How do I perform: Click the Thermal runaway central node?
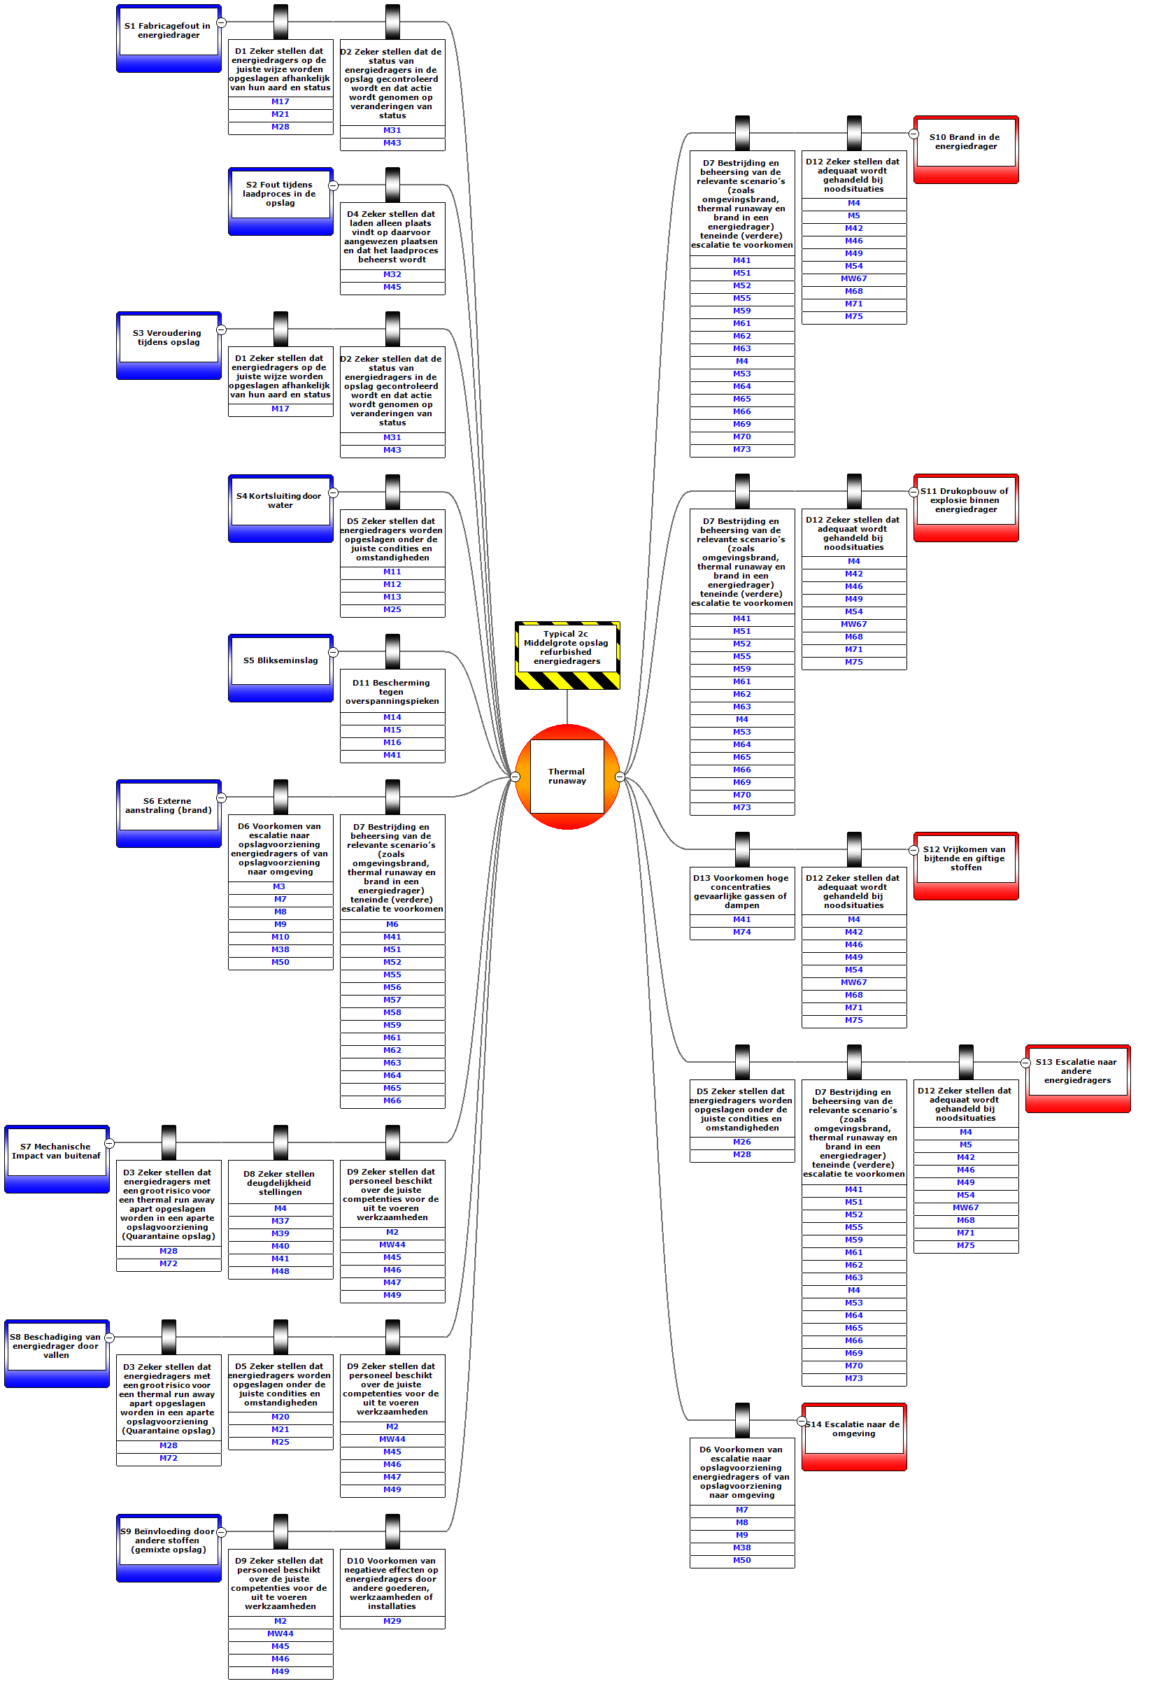pos(567,777)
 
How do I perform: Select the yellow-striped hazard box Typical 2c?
pos(567,655)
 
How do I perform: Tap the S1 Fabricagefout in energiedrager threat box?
pos(169,38)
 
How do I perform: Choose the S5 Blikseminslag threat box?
pos(280,668)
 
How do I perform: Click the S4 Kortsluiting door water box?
pos(280,509)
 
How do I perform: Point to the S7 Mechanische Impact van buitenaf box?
pos(57,1159)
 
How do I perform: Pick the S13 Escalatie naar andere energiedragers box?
pos(1078,1079)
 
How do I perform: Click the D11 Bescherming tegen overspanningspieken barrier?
pos(392,691)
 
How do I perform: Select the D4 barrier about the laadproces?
pos(392,236)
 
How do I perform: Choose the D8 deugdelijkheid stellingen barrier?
pos(280,1182)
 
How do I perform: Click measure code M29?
pos(392,1622)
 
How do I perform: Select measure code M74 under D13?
pos(742,933)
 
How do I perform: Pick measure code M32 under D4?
pos(392,276)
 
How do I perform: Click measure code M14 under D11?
pos(392,718)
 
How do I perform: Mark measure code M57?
pos(392,1000)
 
